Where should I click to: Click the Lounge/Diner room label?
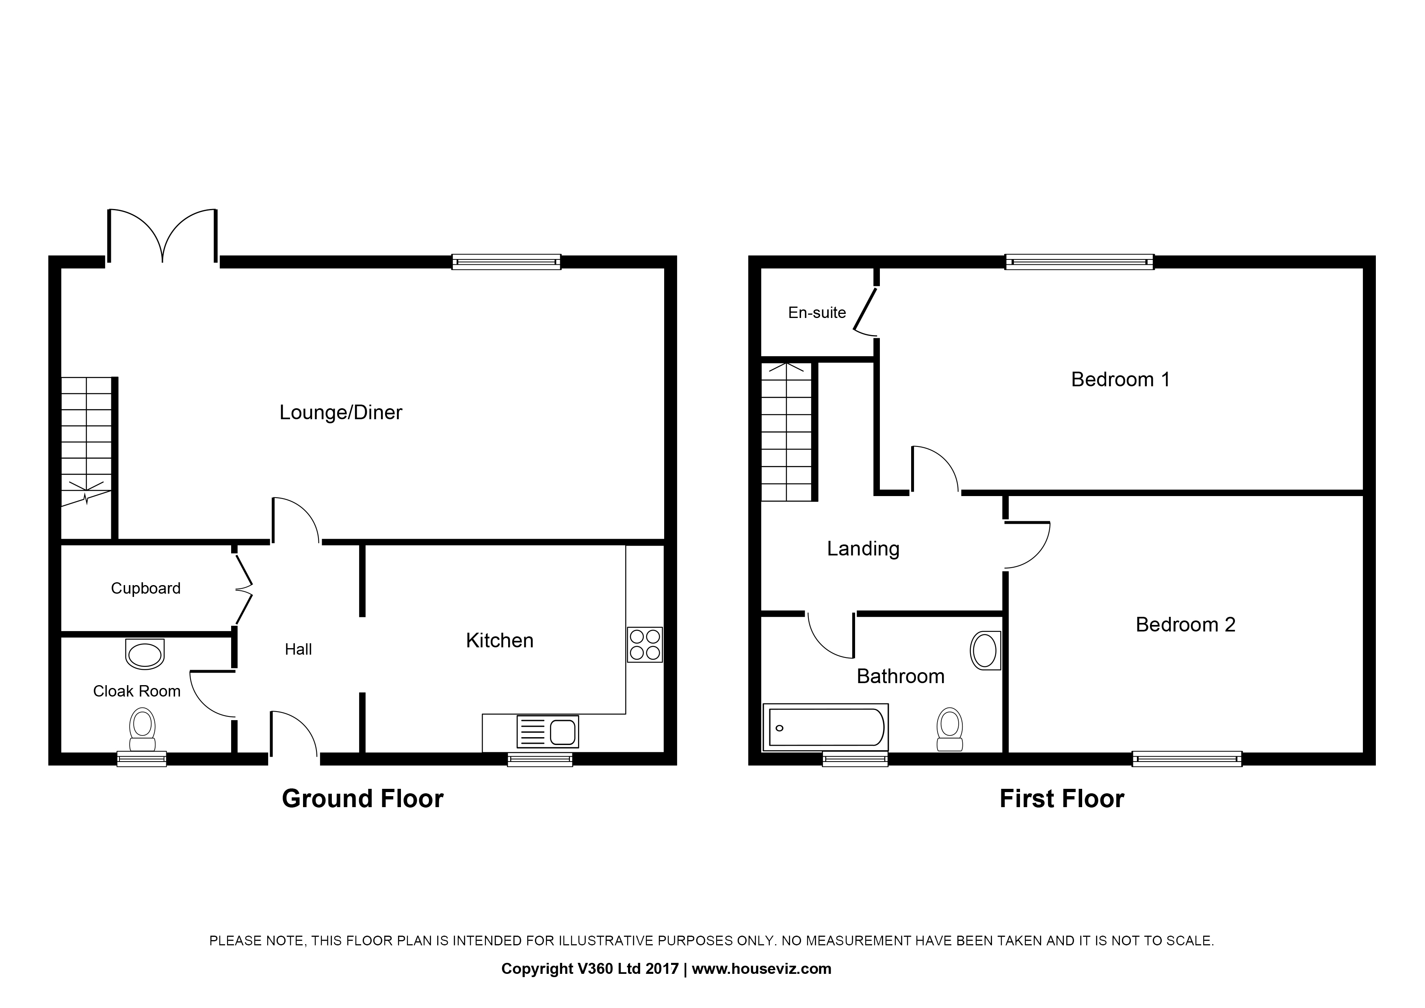(341, 412)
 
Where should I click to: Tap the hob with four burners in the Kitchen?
(645, 644)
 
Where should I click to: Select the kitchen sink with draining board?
(548, 731)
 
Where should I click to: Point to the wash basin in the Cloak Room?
(145, 654)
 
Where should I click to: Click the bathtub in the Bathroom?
(825, 727)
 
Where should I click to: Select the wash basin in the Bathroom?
(985, 651)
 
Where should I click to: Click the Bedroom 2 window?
(1187, 759)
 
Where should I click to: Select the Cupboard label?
(146, 588)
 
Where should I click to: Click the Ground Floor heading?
(363, 799)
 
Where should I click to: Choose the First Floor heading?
(1062, 799)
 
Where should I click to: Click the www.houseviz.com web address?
(762, 969)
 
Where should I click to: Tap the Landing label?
(863, 549)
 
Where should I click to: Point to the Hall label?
(299, 650)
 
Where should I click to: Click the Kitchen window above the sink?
(540, 759)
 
